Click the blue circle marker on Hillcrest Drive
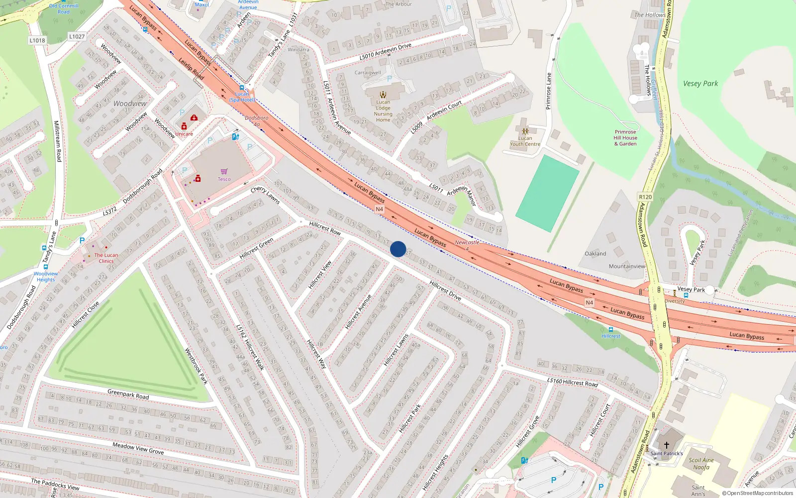(x=398, y=249)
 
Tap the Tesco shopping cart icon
(x=224, y=171)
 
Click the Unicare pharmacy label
(x=184, y=133)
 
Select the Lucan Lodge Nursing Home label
(x=383, y=111)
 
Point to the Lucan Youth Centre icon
(x=525, y=131)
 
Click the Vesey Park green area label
(x=700, y=84)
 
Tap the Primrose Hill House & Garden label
(x=625, y=138)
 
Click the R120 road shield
(x=645, y=197)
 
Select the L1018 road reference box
(x=37, y=40)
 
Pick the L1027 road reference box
(x=77, y=36)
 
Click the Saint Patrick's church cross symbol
(x=667, y=445)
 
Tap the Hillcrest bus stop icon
(x=611, y=330)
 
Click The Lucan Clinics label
(x=106, y=258)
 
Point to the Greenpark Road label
(x=128, y=394)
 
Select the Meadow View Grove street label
(x=138, y=448)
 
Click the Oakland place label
(x=595, y=253)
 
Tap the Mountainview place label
(x=627, y=266)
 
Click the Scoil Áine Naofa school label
(x=701, y=464)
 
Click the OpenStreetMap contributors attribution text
(x=757, y=493)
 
